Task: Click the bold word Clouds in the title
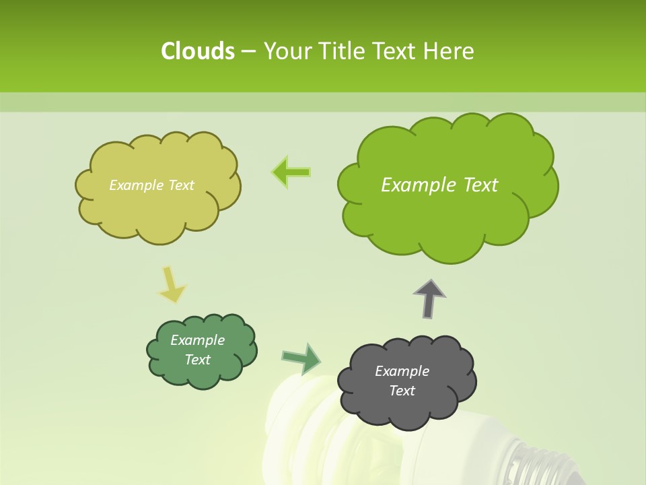pos(197,51)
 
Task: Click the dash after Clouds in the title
pos(248,52)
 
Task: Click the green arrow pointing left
pos(291,172)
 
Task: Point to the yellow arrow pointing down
pos(172,285)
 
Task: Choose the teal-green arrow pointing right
pos(301,358)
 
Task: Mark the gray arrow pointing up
pos(429,298)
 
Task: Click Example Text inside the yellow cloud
pos(151,185)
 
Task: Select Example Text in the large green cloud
pos(439,185)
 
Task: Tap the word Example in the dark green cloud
pos(197,340)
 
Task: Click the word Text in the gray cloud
pos(402,391)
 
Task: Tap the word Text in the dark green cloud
pos(197,360)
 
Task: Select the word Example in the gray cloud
pos(402,371)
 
